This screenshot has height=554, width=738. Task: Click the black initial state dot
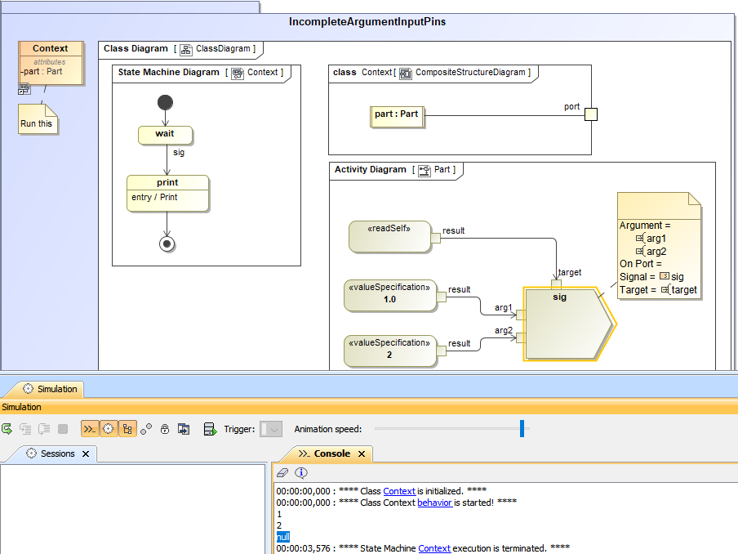coord(166,102)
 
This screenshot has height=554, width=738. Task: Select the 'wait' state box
coord(166,134)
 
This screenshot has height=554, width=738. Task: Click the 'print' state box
coord(167,193)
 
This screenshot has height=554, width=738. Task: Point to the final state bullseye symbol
coord(167,243)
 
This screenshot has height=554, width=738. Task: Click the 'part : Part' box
coord(396,115)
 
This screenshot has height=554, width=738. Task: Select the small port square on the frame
coord(591,114)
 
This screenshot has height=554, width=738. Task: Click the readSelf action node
coord(389,236)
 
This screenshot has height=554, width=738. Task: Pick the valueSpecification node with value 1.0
coord(389,295)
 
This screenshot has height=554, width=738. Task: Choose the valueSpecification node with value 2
coord(389,350)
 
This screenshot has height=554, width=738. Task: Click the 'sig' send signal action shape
coord(564,324)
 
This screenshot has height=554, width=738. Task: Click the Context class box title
coord(51,49)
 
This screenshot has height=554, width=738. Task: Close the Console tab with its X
coord(361,453)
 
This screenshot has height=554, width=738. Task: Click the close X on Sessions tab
coord(86,453)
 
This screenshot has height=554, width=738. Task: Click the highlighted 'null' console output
coord(282,537)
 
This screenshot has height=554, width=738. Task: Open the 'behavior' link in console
coord(434,502)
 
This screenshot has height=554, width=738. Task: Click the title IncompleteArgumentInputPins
coord(367,21)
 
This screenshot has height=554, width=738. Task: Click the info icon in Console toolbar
coord(301,472)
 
